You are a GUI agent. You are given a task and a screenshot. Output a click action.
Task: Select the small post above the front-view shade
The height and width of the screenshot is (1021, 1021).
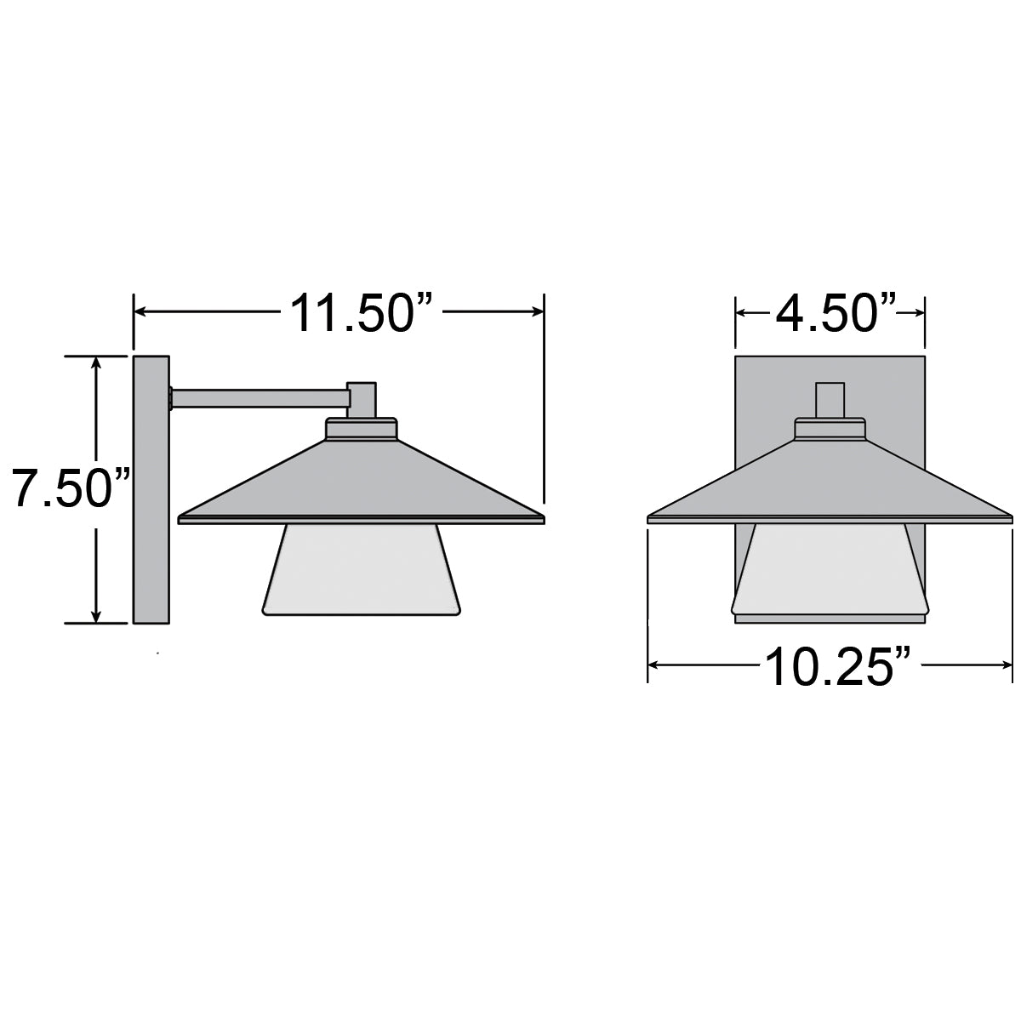coord(830,400)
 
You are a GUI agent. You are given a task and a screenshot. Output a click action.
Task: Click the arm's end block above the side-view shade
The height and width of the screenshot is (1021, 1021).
coord(362,398)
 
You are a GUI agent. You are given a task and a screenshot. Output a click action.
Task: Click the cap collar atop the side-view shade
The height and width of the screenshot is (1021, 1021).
coord(362,428)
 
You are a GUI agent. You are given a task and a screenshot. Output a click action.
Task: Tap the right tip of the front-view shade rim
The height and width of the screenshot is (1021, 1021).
coord(1011,516)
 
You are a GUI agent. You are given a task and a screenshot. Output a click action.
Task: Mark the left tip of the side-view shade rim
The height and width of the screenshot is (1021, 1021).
coord(180,517)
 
